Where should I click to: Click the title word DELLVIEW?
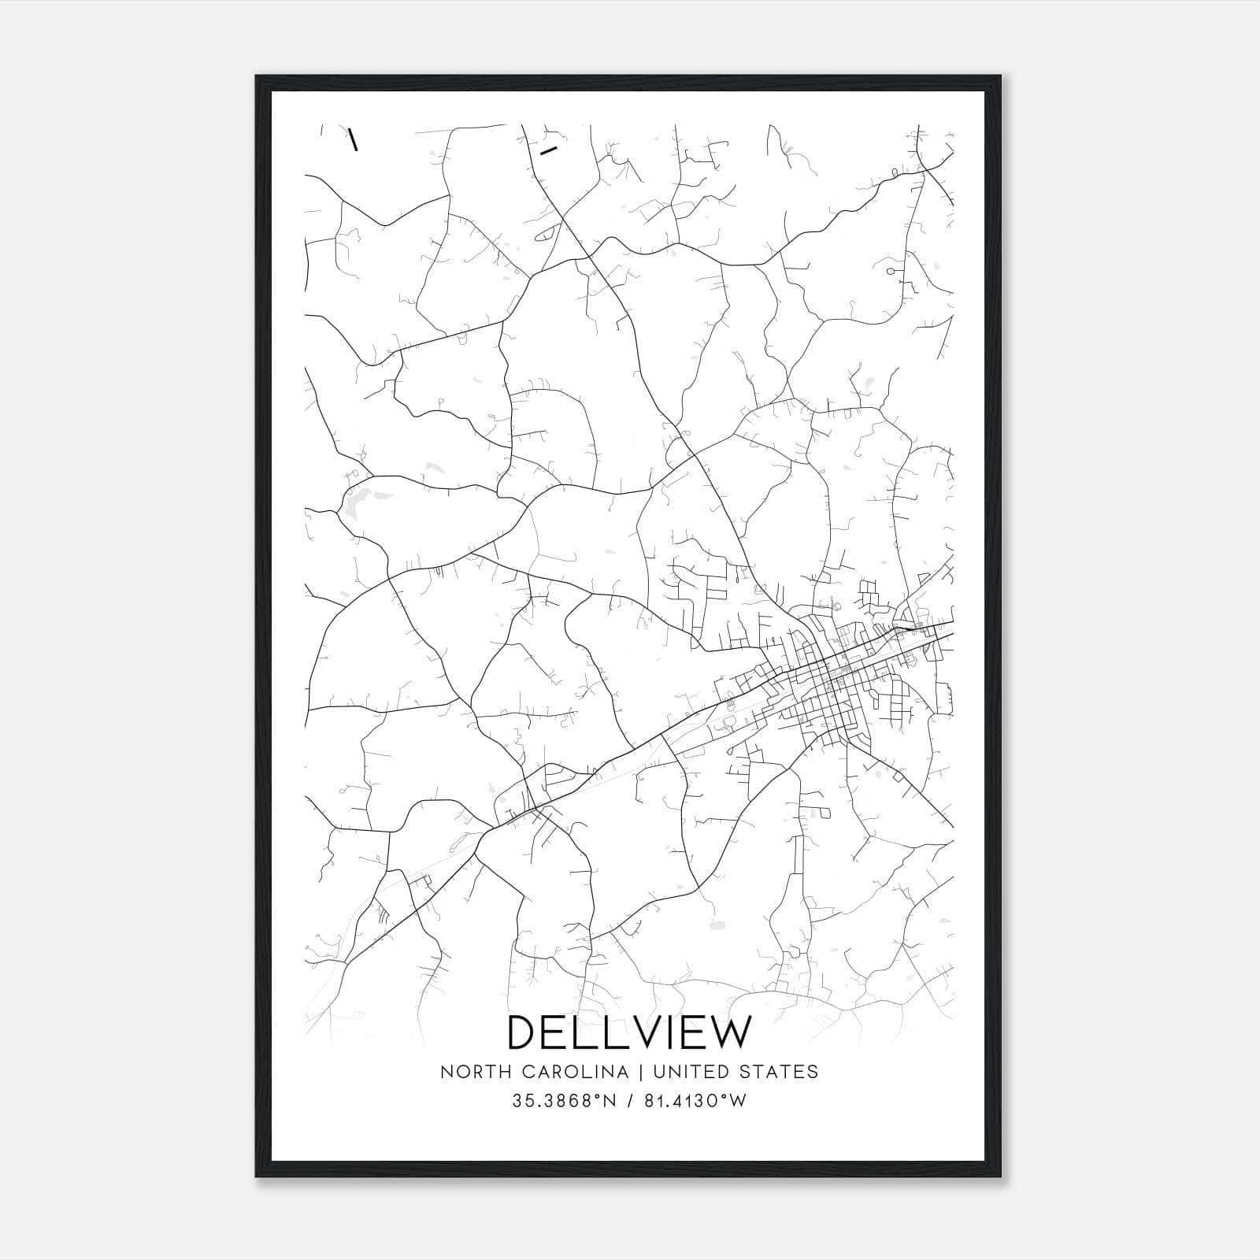[x=630, y=1032]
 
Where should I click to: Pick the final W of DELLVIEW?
[x=731, y=1032]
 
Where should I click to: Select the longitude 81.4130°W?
[x=695, y=1101]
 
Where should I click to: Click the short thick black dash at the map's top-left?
[x=354, y=139]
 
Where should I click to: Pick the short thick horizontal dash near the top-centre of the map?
[x=549, y=149]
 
